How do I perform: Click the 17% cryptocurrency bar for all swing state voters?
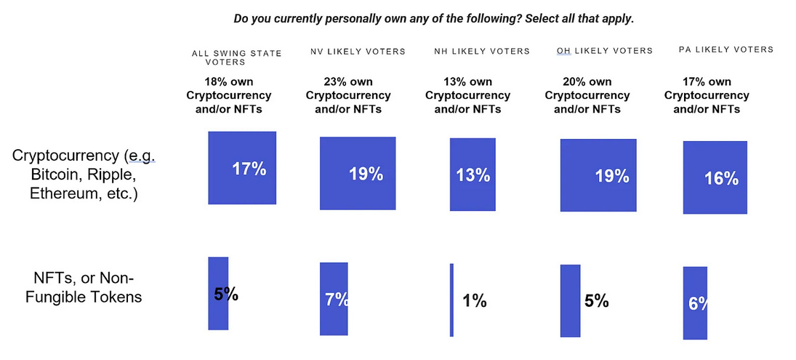pos(242,168)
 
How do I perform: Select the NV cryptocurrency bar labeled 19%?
pos(358,173)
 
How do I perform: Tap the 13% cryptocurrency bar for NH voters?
pos(473,175)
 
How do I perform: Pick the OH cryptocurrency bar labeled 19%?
pos(598,175)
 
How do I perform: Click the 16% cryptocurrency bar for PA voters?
pos(715,177)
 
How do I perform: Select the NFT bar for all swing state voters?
pos(218,293)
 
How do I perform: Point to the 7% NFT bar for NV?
pos(334,299)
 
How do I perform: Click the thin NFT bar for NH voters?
pos(451,300)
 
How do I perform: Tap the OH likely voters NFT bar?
pos(570,300)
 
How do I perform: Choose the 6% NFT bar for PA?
pos(695,303)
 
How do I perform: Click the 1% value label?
pos(474,300)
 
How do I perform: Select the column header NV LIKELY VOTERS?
pos(358,52)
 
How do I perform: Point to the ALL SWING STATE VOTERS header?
pos(236,57)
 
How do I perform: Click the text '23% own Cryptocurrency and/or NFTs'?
pos(348,95)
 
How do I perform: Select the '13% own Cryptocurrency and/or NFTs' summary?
pos(467,95)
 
